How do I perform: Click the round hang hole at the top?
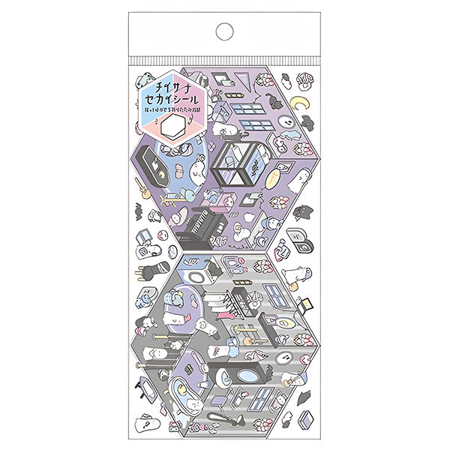click(224, 32)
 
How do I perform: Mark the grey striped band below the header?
click(224, 59)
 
